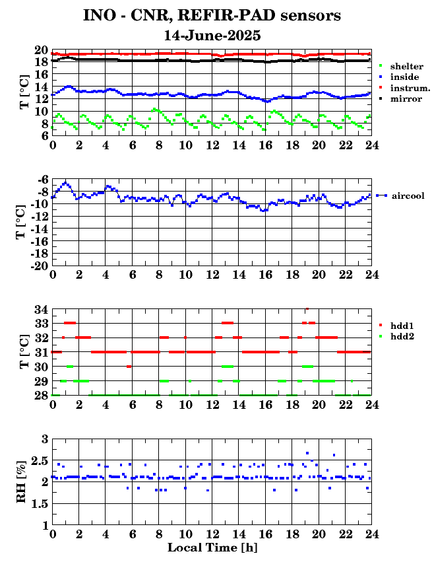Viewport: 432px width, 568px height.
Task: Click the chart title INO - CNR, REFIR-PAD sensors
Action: (212, 16)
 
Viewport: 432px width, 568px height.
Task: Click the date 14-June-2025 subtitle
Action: (212, 36)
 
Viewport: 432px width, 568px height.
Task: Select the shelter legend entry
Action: (402, 66)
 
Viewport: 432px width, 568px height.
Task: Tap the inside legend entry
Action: (400, 77)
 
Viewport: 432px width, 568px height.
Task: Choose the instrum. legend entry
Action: (405, 88)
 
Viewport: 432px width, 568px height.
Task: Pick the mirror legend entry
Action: (400, 99)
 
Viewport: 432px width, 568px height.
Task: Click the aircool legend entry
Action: (400, 195)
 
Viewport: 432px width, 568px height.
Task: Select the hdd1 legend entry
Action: (396, 326)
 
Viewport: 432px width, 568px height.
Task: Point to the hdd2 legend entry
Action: (396, 337)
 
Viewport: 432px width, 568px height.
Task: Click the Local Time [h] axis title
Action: (212, 547)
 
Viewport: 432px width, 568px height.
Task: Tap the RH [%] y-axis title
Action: (21, 481)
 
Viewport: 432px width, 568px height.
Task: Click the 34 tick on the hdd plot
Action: (42, 309)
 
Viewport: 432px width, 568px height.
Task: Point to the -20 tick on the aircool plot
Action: (40, 266)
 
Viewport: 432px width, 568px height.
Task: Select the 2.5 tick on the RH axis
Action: (40, 461)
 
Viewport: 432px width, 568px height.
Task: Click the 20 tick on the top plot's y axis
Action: (42, 50)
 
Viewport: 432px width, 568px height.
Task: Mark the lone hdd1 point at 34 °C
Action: (307, 308)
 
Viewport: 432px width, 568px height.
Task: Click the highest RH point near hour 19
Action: (307, 453)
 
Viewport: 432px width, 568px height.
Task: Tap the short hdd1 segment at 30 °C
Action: (129, 367)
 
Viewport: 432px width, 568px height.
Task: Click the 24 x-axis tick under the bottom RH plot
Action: (371, 534)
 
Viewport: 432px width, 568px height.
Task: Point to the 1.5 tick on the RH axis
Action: (40, 503)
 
